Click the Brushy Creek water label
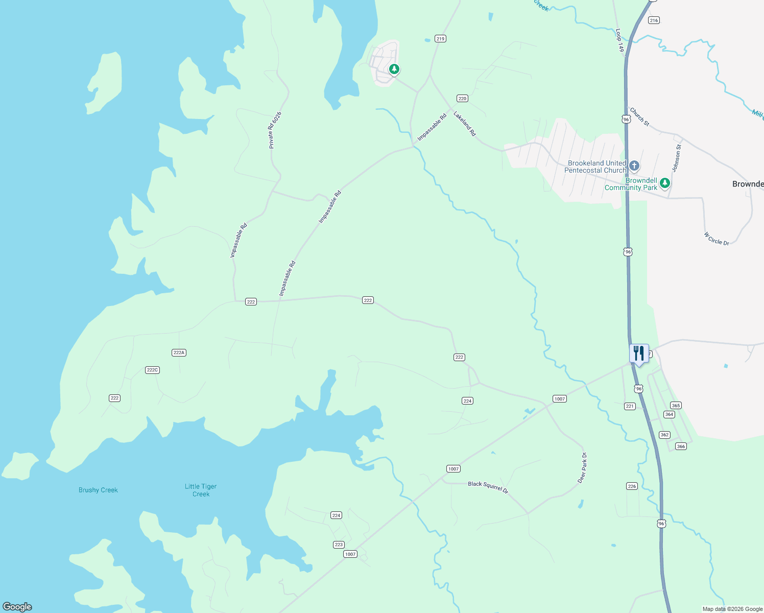click(98, 490)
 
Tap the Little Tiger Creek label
click(201, 490)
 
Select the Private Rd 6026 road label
click(275, 130)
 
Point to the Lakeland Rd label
click(465, 124)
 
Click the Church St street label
click(639, 116)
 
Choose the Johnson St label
click(676, 158)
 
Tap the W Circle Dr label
click(717, 239)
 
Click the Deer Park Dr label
click(582, 467)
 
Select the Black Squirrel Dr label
click(488, 486)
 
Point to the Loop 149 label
click(620, 40)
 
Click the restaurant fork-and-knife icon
click(638, 353)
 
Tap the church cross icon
click(634, 166)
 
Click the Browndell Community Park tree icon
click(664, 183)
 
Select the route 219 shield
click(440, 38)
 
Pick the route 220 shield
click(462, 99)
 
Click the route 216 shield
click(654, 20)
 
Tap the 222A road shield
click(178, 352)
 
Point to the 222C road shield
click(152, 370)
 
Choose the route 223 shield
click(339, 545)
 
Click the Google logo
click(17, 607)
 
